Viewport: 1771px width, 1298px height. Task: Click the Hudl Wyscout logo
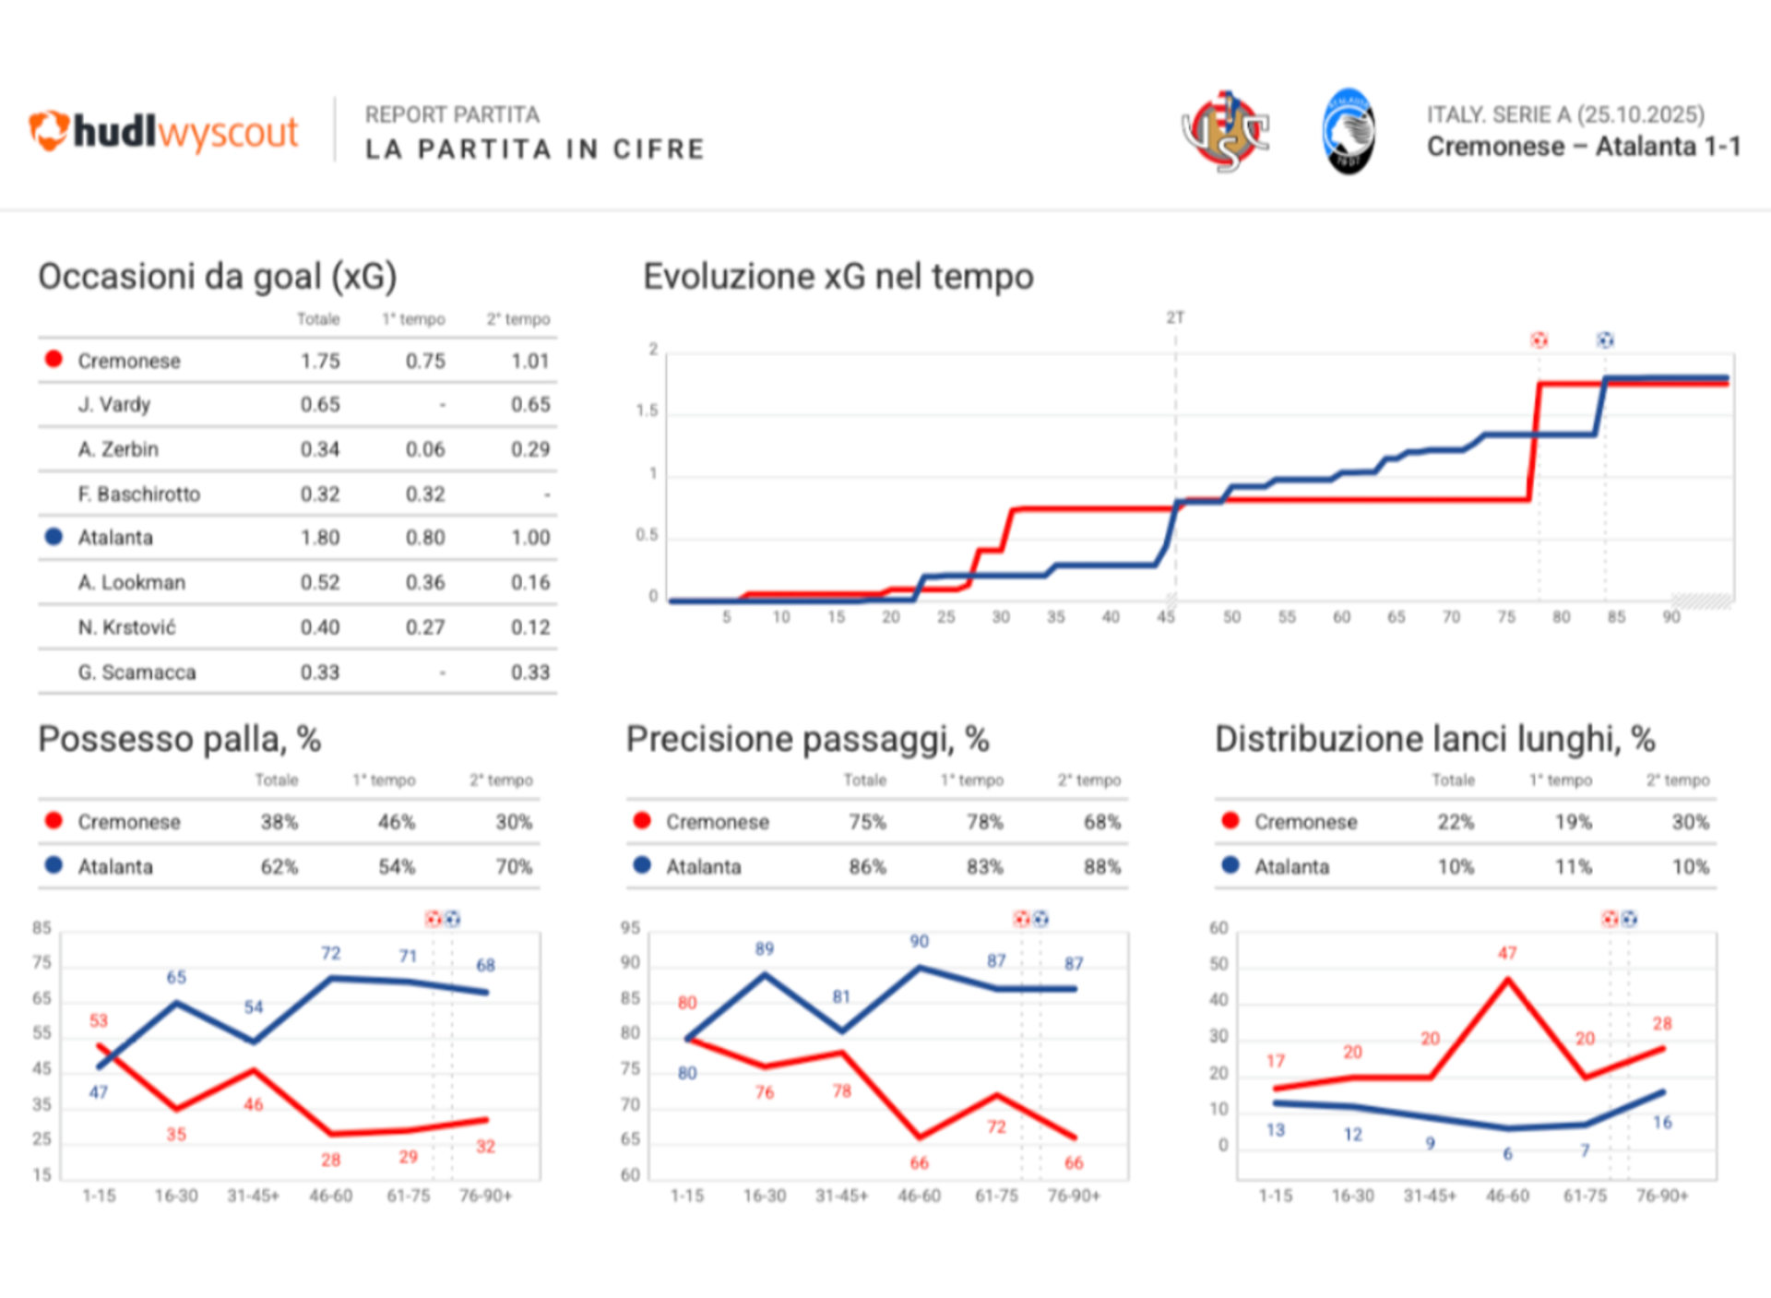click(163, 132)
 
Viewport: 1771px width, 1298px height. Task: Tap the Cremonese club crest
click(1225, 132)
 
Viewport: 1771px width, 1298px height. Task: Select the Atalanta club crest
click(1349, 132)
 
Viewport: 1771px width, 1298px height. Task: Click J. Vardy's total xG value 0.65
click(320, 405)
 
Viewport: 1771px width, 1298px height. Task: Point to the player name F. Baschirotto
click(138, 494)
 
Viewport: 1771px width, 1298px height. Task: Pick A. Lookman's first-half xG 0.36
click(425, 583)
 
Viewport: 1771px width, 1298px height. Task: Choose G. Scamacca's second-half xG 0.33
click(530, 673)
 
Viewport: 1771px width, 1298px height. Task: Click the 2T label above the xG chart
click(1174, 318)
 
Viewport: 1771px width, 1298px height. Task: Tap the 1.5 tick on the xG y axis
click(648, 411)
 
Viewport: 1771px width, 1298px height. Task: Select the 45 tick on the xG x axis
click(1166, 617)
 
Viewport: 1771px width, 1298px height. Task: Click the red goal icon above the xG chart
click(1539, 340)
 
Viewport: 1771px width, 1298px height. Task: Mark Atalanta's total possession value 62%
click(279, 867)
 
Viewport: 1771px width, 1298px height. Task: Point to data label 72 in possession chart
click(330, 954)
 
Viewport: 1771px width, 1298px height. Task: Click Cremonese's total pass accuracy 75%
click(867, 822)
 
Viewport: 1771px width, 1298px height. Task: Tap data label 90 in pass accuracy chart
click(919, 942)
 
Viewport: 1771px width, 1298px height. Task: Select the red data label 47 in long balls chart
click(1507, 954)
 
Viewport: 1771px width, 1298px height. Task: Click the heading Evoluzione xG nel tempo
click(838, 277)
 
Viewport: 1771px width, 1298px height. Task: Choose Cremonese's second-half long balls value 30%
click(1690, 822)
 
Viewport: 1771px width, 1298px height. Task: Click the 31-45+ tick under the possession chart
click(253, 1197)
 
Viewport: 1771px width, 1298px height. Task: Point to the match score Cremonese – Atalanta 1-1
click(1583, 147)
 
